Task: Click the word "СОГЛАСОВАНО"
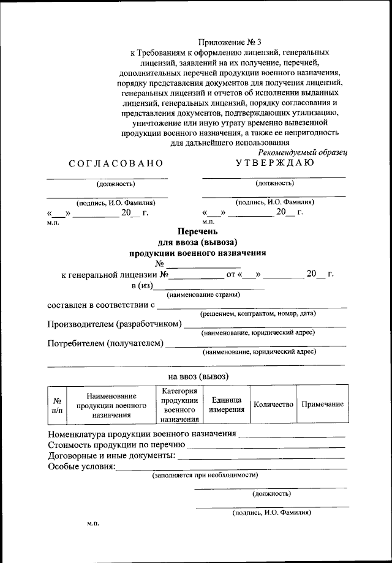coord(116,163)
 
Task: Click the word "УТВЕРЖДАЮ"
coord(275,163)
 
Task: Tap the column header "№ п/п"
coord(57,405)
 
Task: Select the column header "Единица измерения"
coord(226,405)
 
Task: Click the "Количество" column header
coord(273,405)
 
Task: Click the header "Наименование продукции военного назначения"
coord(111,405)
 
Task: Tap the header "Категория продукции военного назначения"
coord(179,405)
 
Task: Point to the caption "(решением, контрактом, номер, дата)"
coord(258,313)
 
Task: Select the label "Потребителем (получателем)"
coord(105,343)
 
